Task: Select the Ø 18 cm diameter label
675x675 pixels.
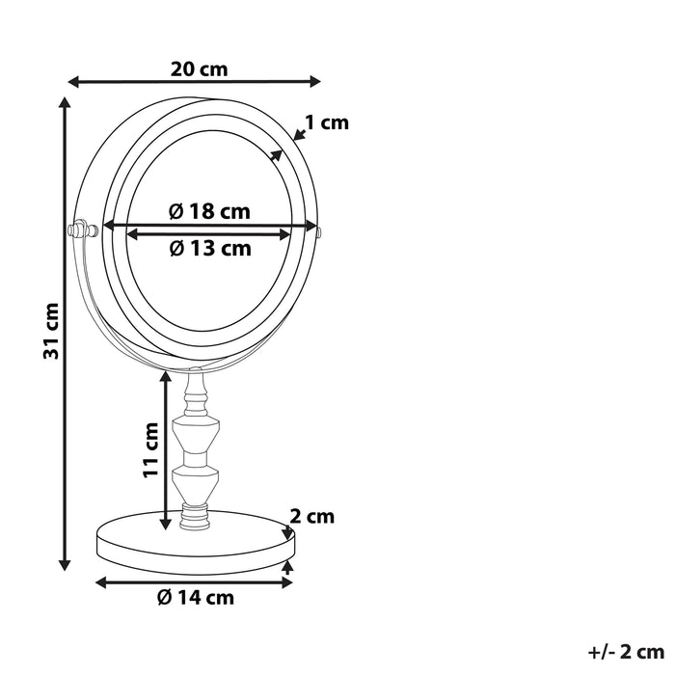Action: coord(208,211)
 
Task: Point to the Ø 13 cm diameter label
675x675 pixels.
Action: coord(209,249)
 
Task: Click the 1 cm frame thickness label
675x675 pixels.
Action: coord(326,122)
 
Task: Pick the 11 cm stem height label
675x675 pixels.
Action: coord(149,449)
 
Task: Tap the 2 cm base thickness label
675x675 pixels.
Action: coord(311,517)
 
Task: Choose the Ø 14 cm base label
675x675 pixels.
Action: coord(196,598)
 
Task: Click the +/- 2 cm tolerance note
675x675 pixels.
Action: coord(626,653)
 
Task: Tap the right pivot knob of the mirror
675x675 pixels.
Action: coord(317,230)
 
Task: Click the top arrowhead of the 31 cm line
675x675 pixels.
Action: coord(66,101)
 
